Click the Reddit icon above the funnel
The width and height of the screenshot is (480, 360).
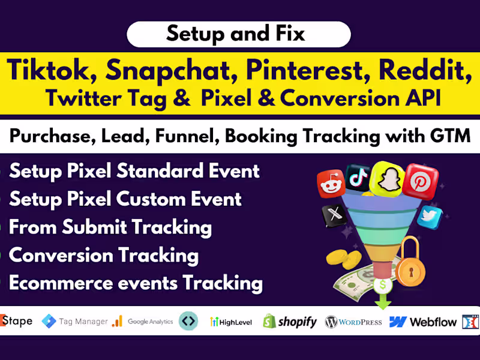(x=330, y=184)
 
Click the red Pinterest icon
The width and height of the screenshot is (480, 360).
(x=419, y=180)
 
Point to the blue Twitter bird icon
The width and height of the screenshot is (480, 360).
(x=430, y=217)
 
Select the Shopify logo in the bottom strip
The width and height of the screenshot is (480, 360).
(x=289, y=322)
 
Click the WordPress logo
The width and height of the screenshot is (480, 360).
(x=353, y=322)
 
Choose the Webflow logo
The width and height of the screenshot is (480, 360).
(x=422, y=322)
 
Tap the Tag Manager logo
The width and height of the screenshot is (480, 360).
(x=74, y=322)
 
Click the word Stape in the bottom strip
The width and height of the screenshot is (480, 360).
(x=17, y=321)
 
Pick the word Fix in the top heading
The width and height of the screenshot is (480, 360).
(x=290, y=33)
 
